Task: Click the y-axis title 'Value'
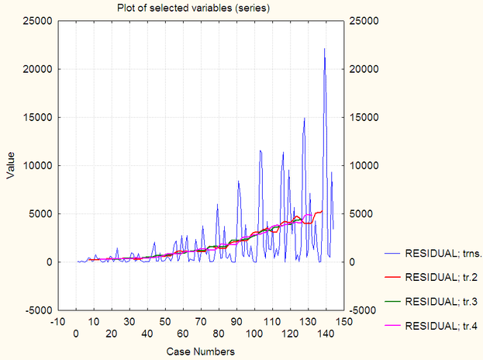pos(11,165)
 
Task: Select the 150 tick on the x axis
pos(343,321)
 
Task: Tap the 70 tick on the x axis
pos(201,321)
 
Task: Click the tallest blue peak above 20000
pos(324,49)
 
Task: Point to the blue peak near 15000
pos(305,118)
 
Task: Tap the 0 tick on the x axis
pos(76,334)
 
